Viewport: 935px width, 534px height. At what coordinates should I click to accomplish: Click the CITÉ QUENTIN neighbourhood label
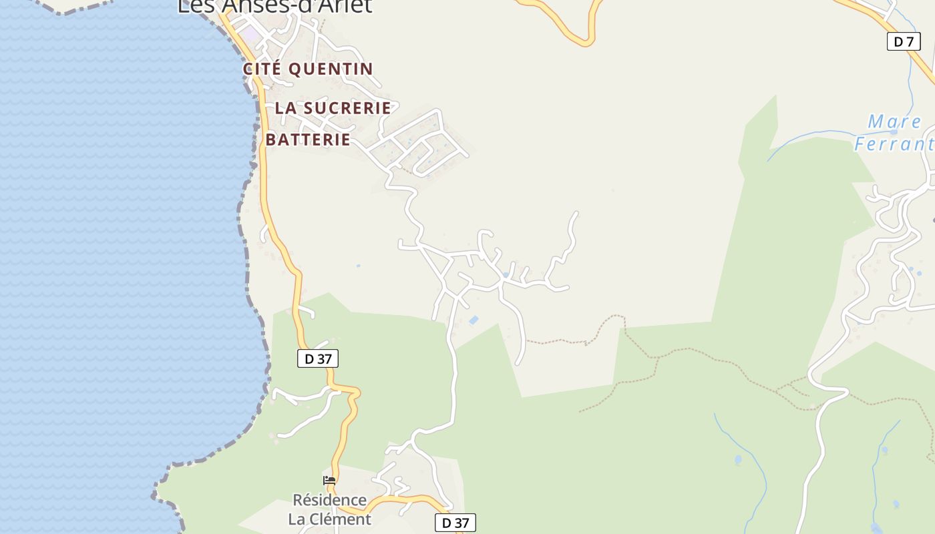coord(308,69)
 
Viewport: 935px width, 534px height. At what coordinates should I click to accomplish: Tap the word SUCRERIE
coord(347,107)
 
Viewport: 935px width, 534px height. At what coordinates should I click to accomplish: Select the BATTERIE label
coord(308,140)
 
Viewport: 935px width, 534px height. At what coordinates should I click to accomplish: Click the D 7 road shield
coord(903,41)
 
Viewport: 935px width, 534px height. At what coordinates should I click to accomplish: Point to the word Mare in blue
coord(894,122)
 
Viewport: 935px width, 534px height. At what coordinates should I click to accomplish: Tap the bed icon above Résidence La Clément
coord(329,481)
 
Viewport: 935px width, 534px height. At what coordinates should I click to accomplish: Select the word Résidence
coord(329,500)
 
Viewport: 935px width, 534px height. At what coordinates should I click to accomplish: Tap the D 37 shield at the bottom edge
coord(455,523)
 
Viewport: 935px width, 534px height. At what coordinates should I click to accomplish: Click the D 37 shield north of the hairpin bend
coord(318,358)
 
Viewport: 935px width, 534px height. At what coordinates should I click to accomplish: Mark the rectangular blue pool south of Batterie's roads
coord(474,321)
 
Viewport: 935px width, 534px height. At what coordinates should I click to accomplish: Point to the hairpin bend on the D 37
coord(354,394)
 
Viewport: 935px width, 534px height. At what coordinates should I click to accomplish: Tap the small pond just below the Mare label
coord(894,132)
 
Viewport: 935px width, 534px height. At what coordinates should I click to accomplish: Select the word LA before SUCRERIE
coord(285,107)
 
